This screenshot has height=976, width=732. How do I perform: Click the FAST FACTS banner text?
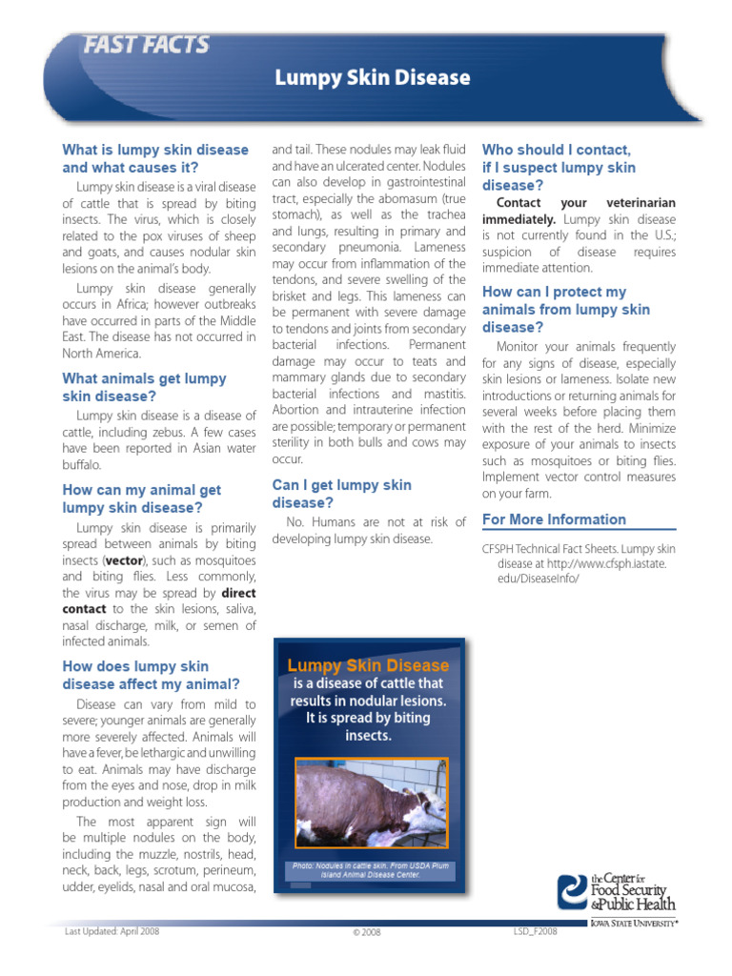[x=146, y=45]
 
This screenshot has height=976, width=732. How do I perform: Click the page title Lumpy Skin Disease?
[x=373, y=78]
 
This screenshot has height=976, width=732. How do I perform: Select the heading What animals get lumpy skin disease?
[x=144, y=387]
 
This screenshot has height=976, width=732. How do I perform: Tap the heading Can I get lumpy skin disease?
[x=341, y=494]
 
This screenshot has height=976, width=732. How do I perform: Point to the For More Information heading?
[x=554, y=519]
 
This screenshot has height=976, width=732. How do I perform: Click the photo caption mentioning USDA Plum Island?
[x=370, y=869]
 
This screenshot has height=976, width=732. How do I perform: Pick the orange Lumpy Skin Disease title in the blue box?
[x=368, y=665]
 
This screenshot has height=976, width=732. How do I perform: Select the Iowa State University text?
[x=633, y=924]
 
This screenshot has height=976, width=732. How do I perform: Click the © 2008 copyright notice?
[x=366, y=932]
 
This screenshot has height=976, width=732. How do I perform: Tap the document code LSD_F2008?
[x=534, y=931]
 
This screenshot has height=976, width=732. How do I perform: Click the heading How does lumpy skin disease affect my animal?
[x=151, y=675]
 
